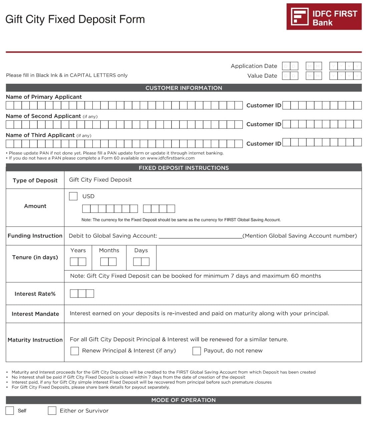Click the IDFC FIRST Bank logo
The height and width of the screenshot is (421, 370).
point(324,17)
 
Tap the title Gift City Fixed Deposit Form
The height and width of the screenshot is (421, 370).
point(75,19)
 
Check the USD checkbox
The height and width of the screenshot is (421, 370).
point(73,196)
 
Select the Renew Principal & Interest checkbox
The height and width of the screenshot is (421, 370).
point(75,351)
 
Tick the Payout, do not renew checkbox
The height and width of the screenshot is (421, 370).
point(197,351)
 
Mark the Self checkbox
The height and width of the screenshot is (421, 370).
point(10,411)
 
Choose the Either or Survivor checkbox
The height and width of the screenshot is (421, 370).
point(52,411)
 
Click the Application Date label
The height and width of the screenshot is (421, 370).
point(254,66)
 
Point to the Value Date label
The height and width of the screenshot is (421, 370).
point(262,76)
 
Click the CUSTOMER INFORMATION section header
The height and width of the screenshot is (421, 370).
point(183,88)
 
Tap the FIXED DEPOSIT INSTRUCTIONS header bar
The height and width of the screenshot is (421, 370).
point(183,168)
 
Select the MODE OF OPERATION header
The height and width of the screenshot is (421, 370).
point(183,400)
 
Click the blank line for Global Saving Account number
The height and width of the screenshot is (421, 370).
point(200,236)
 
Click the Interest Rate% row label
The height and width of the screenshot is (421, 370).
point(35,294)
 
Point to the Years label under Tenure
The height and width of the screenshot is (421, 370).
point(78,251)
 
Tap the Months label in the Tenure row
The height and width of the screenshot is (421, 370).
point(109,251)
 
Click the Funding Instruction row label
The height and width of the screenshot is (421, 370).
point(35,236)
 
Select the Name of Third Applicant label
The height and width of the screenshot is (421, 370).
point(40,135)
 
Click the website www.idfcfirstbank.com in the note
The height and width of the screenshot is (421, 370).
point(170,158)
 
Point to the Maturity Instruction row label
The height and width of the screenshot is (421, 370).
point(35,340)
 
